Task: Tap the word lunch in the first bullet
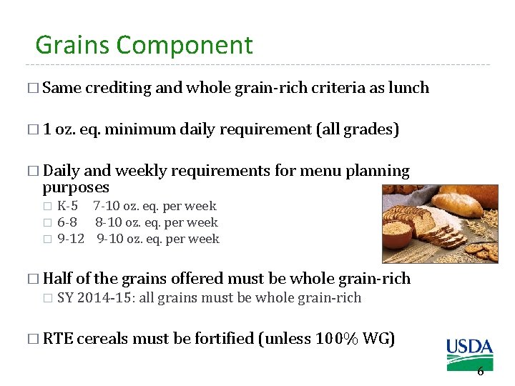point(408,88)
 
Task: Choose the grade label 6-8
point(67,222)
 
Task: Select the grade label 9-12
point(70,239)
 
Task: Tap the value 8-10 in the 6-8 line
point(109,222)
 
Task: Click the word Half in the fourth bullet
point(57,278)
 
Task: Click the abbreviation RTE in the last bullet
point(57,339)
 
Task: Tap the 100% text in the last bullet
point(338,339)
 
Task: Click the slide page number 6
point(480,371)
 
